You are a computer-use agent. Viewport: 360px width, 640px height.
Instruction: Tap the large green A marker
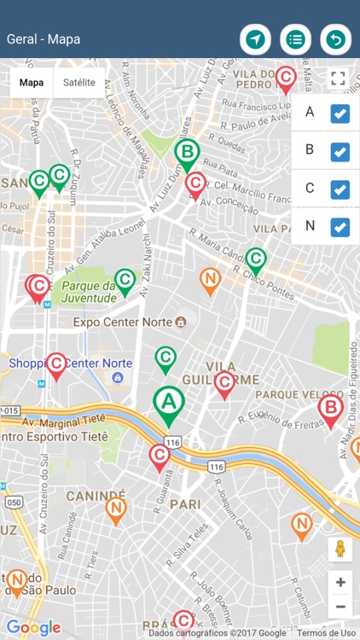click(169, 402)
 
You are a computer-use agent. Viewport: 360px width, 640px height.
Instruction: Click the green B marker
click(188, 154)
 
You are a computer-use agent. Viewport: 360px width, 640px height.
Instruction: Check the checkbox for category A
click(340, 113)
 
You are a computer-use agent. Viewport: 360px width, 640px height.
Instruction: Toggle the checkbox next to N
click(340, 227)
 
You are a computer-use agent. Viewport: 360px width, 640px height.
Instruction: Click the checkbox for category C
click(340, 189)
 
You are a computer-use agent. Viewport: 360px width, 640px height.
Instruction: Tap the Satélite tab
click(79, 83)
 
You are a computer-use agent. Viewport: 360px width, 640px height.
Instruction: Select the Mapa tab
click(32, 83)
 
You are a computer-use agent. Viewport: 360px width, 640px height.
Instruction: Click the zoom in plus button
click(340, 582)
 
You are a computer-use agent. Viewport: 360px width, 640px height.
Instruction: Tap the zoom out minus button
click(340, 607)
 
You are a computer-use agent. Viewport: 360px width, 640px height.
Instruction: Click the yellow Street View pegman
click(340, 549)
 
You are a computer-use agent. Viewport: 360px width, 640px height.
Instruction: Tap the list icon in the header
click(295, 39)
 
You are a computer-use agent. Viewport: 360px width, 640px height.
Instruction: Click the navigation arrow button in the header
click(255, 39)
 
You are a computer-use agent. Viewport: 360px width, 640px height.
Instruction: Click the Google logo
click(34, 628)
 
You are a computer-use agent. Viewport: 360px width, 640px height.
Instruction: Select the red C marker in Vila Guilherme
click(224, 383)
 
